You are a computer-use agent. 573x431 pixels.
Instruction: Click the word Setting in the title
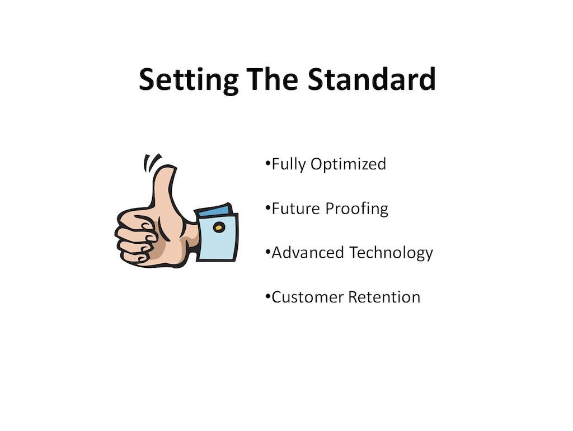189,80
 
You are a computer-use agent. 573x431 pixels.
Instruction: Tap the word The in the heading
273,79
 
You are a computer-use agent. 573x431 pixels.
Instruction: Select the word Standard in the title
372,79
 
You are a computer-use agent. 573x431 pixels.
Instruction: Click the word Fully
289,164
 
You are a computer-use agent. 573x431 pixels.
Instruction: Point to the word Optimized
348,164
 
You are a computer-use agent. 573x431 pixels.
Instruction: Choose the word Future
296,209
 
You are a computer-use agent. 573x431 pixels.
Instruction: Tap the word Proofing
356,209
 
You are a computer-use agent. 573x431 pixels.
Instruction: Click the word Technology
391,253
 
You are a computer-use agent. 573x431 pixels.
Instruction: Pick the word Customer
308,297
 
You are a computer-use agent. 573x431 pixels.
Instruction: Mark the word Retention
384,297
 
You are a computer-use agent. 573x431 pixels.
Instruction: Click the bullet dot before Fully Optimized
268,163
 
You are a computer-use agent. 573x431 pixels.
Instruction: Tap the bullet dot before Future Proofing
268,207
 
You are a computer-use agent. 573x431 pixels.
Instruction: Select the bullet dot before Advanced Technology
268,251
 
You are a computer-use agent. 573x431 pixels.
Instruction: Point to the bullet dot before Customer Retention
268,295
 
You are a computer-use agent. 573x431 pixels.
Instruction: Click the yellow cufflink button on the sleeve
219,228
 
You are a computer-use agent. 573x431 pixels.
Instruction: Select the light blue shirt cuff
217,237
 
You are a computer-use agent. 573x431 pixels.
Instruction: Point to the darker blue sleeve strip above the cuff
214,211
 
